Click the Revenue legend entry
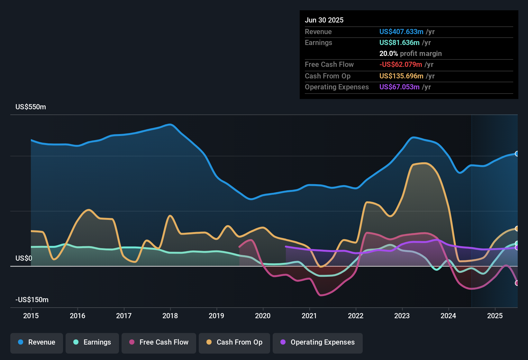tap(37, 342)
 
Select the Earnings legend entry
tap(92, 342)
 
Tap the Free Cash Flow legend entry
tap(159, 342)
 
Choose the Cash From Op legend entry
tap(234, 342)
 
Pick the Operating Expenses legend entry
tap(318, 342)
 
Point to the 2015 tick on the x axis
tap(31, 316)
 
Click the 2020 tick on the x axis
tap(263, 316)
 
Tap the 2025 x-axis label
tap(495, 316)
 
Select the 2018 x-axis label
tap(170, 316)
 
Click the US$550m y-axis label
tap(31, 107)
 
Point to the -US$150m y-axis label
tap(32, 300)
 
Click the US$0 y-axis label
tap(24, 258)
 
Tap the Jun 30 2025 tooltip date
tap(324, 20)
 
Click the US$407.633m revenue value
tap(401, 32)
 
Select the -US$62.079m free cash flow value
tap(400, 65)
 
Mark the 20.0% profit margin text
tap(410, 54)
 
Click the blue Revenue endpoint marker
tap(517, 154)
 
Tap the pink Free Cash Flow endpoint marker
tap(517, 283)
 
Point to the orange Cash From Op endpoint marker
tap(517, 229)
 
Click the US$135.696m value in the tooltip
tap(401, 76)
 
